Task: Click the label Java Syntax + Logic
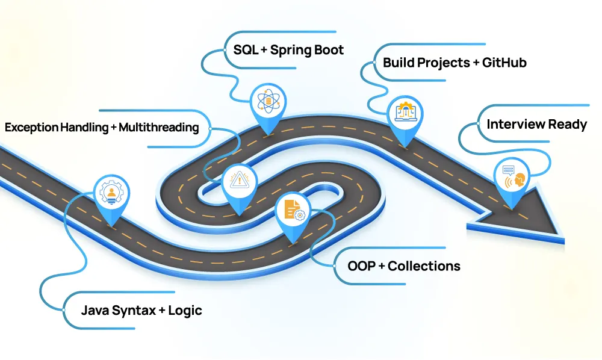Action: coord(141,311)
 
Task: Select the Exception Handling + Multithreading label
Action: coord(102,128)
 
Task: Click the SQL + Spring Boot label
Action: coord(288,49)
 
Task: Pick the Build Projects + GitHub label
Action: coord(455,62)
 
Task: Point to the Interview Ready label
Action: coord(536,125)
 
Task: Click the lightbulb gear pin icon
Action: coord(112,193)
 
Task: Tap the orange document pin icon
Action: coord(293,211)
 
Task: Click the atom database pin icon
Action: coord(266,101)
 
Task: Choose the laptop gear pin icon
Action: coord(405,113)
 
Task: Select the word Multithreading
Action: coord(158,128)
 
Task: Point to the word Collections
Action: coord(424,265)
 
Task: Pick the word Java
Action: coord(95,311)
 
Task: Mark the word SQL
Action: coord(245,49)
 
